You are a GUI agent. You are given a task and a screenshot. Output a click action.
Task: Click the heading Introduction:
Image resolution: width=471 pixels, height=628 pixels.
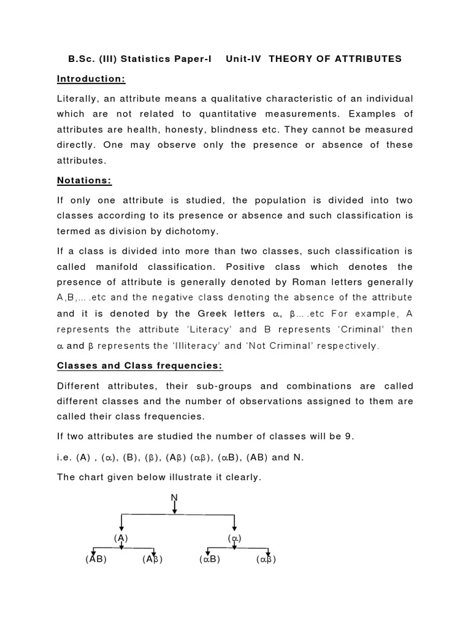pyautogui.click(x=91, y=79)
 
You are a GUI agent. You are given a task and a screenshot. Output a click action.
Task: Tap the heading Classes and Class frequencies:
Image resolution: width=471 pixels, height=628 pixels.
pyautogui.click(x=140, y=366)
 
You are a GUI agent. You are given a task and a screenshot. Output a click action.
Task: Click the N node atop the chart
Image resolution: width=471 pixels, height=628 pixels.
pyautogui.click(x=175, y=497)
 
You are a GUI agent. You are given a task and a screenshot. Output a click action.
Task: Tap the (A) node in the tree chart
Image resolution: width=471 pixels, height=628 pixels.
pyautogui.click(x=121, y=538)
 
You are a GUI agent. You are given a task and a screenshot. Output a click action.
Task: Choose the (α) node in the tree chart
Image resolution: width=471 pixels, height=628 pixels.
pyautogui.click(x=235, y=538)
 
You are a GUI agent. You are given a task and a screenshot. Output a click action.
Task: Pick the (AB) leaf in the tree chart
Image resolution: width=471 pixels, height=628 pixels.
pyautogui.click(x=96, y=559)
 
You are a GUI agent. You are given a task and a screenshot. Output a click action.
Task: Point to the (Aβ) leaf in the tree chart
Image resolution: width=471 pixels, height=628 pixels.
pyautogui.click(x=152, y=559)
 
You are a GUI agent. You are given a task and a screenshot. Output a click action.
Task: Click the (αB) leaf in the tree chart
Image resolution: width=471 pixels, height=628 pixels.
pyautogui.click(x=209, y=559)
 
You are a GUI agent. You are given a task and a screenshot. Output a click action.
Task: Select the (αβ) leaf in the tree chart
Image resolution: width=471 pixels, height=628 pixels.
pyautogui.click(x=266, y=559)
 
